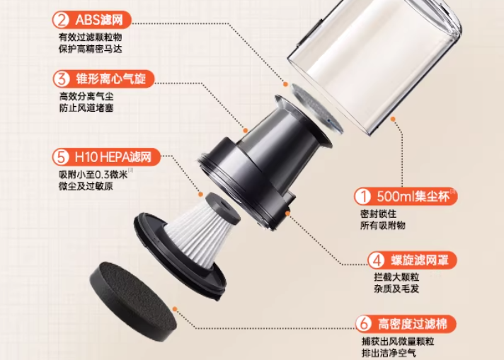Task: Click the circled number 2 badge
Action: (61, 20)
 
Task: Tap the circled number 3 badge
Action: (62, 79)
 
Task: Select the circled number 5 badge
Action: (61, 157)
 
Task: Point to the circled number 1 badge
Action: (363, 196)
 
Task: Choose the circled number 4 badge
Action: (377, 260)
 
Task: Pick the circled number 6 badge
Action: (364, 324)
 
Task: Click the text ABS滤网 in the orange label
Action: (99, 20)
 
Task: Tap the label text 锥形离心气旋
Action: (111, 79)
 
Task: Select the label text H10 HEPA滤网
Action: (113, 157)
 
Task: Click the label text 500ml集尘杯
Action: (413, 196)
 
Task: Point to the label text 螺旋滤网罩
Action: (420, 260)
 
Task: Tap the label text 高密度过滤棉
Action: (413, 324)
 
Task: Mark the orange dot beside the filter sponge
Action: (175, 309)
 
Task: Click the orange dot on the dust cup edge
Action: (393, 119)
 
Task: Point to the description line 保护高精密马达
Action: (91, 49)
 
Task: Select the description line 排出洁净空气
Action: (389, 353)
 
